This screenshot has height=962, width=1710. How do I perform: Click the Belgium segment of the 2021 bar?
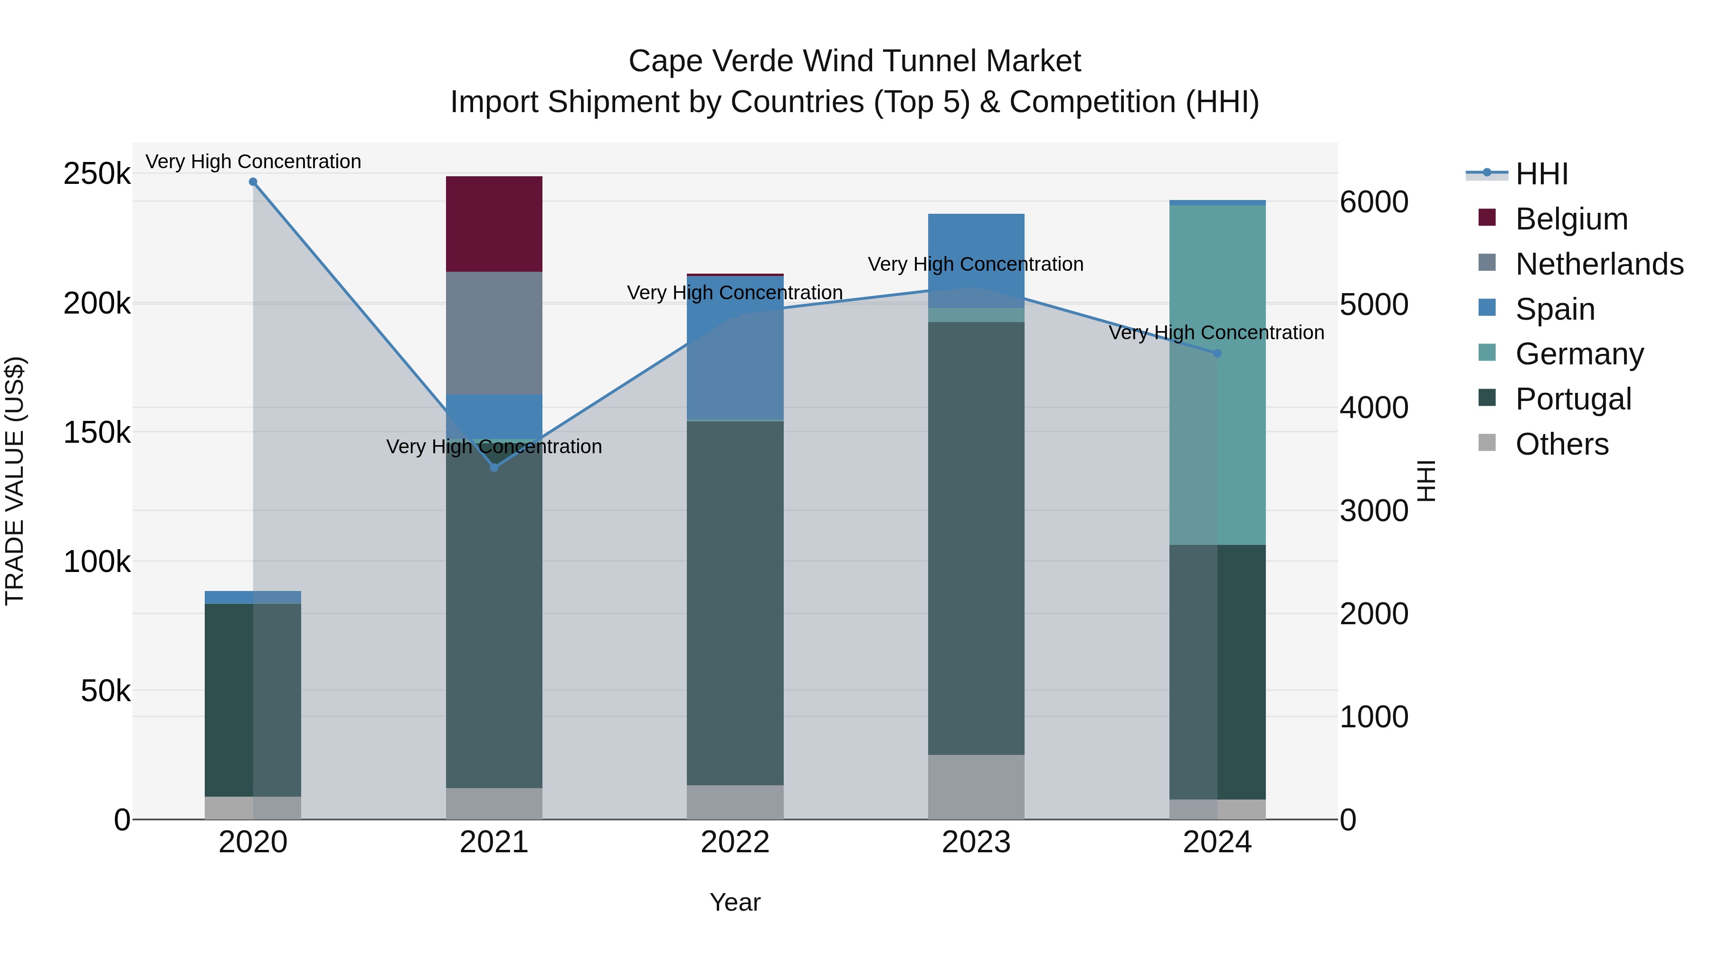tap(494, 224)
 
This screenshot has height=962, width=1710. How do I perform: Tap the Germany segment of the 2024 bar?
tap(1217, 375)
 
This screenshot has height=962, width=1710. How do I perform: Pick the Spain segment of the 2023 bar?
tap(975, 260)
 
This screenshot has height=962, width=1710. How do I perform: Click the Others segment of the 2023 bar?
tap(975, 787)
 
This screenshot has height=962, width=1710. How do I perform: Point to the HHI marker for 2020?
tap(253, 182)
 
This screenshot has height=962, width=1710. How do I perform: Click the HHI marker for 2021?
tap(494, 468)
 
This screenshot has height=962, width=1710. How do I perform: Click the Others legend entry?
tap(1561, 444)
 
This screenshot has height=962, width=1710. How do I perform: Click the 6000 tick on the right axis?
tap(1373, 202)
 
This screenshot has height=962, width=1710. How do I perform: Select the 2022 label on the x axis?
tap(735, 842)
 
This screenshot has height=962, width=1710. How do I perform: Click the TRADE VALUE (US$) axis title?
tap(15, 481)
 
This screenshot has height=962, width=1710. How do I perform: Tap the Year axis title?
tap(735, 902)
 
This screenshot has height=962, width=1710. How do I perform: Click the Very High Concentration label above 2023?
tap(975, 264)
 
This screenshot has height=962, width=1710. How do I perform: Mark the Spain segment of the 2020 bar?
tap(253, 597)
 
